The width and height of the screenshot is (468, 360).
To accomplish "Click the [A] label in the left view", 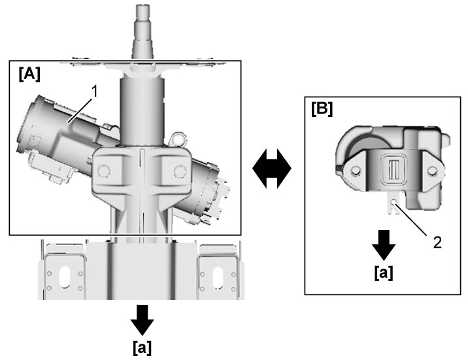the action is tap(29, 74).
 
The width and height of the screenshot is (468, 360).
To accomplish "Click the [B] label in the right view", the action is tap(322, 109).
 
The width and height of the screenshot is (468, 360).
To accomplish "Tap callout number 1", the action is tap(94, 91).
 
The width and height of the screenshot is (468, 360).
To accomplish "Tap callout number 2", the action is tap(437, 243).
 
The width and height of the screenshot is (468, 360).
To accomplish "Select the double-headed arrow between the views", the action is tap(272, 169).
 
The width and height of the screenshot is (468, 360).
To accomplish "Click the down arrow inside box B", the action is tap(384, 245).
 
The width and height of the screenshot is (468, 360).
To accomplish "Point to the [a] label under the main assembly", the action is tap(142, 348).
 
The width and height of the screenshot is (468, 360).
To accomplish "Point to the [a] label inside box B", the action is tap(384, 272).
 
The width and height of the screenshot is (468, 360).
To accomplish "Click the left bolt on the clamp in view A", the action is tap(104, 171).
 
